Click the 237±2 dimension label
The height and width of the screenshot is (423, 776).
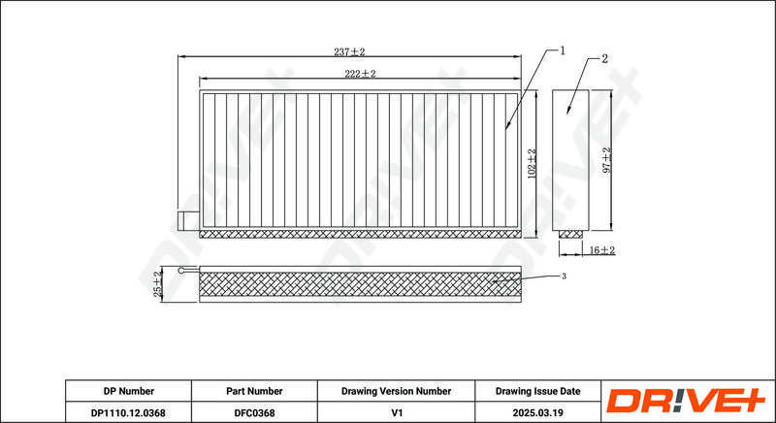tap(349, 52)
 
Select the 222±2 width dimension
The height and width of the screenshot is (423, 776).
tap(360, 74)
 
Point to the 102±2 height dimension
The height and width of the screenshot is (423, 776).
tap(532, 164)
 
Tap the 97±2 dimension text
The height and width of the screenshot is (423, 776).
tap(607, 160)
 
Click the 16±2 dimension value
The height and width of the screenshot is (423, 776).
tap(601, 250)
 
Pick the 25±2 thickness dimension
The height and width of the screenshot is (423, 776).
tap(158, 284)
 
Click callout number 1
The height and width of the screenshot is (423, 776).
tap(563, 50)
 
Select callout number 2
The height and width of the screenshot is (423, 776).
tap(604, 59)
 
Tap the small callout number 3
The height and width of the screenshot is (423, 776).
tap(564, 277)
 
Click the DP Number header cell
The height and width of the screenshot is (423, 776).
tap(129, 391)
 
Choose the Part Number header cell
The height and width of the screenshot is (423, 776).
tap(254, 391)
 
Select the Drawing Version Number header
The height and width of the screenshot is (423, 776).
tap(396, 391)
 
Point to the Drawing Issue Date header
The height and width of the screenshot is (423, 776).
tap(538, 391)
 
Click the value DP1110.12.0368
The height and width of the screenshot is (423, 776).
tap(128, 412)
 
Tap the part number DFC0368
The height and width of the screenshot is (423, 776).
tap(254, 412)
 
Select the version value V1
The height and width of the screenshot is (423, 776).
tap(397, 412)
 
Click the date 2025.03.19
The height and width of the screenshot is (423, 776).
tap(538, 412)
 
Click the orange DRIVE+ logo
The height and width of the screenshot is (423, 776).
tap(686, 401)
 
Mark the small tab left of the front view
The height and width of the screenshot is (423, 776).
tap(188, 221)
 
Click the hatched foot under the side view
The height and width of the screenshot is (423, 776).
tap(570, 234)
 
